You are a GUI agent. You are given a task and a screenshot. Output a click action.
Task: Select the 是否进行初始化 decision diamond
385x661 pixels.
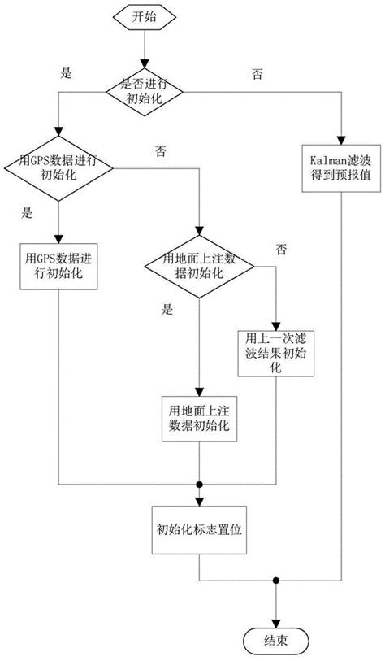coord(144,91)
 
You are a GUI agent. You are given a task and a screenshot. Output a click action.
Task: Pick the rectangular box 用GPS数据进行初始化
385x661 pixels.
coord(58,266)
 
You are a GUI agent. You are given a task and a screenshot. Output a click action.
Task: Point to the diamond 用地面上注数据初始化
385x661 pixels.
coord(200,266)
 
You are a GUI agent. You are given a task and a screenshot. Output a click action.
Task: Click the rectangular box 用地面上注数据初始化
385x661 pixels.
coord(200,419)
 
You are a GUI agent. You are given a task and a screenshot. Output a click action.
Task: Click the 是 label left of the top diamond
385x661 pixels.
coord(67,72)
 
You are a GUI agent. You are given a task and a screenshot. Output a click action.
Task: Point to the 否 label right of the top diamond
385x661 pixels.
coord(257,73)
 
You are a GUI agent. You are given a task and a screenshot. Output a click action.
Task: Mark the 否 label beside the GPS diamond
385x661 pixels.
coord(160,150)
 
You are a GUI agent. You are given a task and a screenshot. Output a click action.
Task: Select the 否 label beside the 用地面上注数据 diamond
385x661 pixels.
coord(281,247)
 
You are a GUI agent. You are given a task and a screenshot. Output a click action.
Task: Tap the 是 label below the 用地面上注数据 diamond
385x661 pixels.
coord(168,309)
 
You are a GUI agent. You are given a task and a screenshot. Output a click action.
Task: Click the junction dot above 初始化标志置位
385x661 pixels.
coord(200,485)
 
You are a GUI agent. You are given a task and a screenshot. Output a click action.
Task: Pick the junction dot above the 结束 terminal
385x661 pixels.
coord(278,581)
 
